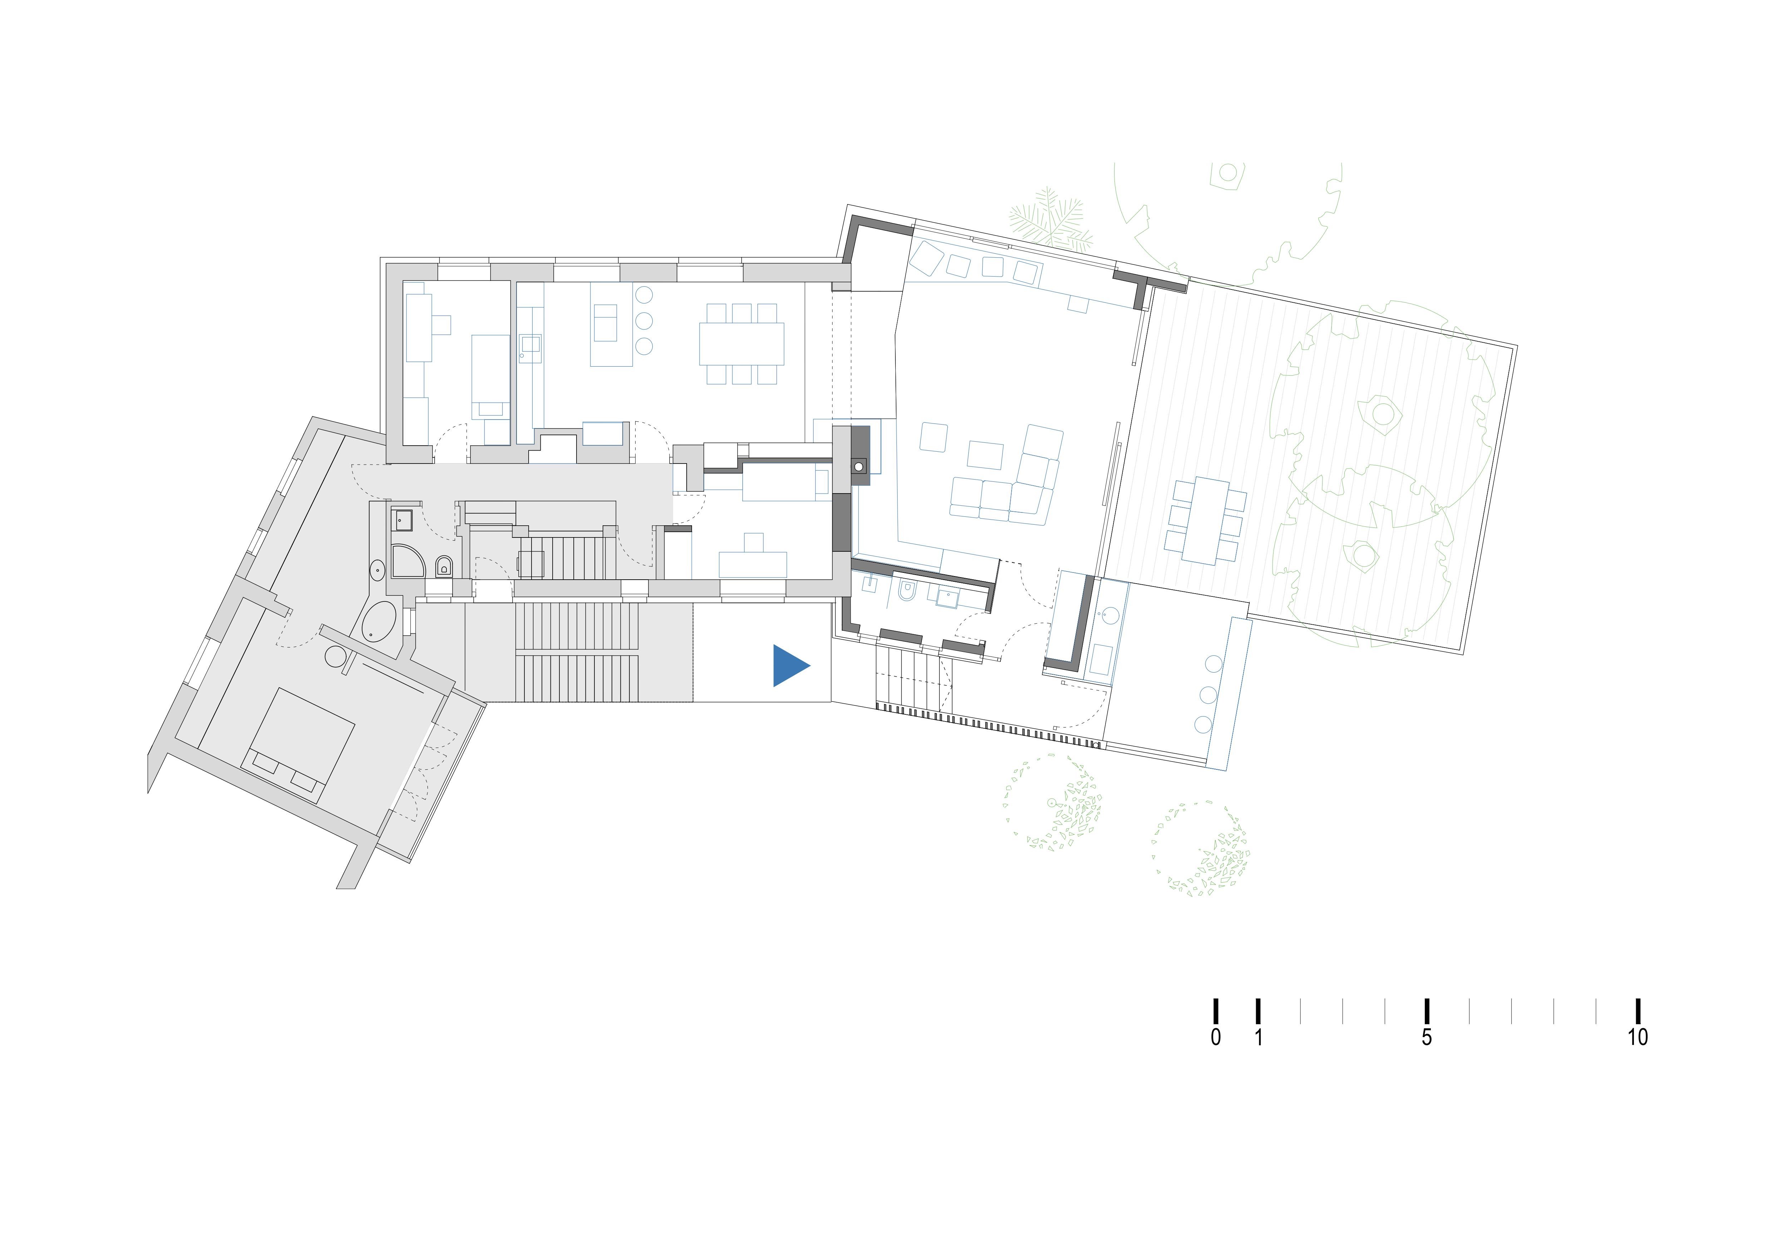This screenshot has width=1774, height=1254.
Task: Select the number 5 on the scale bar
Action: point(1426,1037)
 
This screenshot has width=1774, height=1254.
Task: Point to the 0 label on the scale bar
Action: point(1215,1037)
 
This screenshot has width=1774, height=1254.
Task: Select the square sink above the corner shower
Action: point(402,520)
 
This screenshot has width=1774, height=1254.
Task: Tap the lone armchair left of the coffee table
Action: point(933,437)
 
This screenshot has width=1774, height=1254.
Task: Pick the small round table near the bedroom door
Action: point(336,657)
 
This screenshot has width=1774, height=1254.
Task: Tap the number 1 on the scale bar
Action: point(1258,1037)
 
